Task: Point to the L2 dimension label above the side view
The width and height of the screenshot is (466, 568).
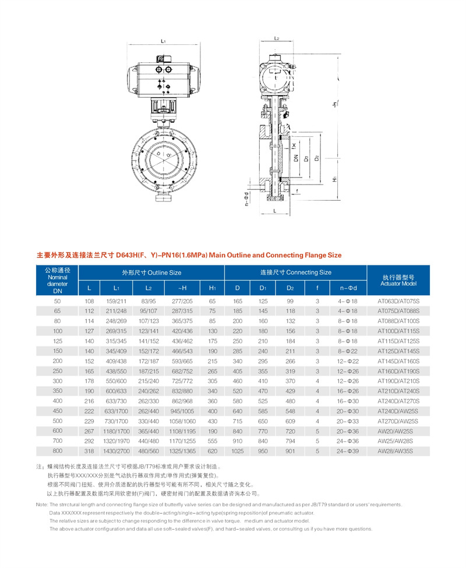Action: [277, 38]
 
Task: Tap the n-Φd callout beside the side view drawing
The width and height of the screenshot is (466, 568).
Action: [247, 200]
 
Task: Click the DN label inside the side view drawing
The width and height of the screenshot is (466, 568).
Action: [296, 158]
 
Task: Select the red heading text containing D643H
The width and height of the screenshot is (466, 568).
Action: [189, 255]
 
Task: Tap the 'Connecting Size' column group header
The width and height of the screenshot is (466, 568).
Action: [295, 272]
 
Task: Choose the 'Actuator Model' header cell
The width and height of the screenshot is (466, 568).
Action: [398, 280]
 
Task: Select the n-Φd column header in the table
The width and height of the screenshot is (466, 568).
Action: [348, 288]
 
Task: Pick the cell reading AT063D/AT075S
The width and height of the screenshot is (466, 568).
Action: [398, 301]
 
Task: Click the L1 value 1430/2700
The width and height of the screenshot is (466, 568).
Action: [116, 451]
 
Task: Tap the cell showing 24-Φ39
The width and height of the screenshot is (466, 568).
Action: [348, 451]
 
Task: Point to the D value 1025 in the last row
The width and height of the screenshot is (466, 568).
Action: [237, 451]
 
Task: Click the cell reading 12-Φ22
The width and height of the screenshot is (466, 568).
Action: [348, 361]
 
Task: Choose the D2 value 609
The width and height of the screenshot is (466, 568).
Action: [290, 421]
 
